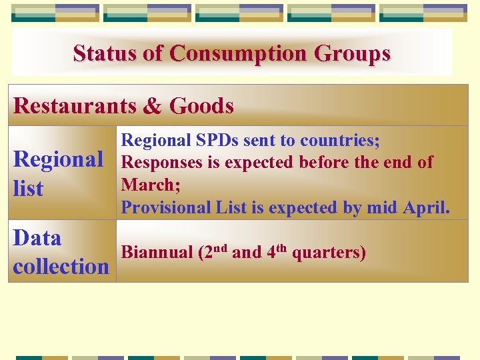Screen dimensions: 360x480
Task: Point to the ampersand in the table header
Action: [157, 105]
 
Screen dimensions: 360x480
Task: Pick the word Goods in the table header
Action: [201, 105]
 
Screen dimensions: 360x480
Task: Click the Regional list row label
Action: [58, 173]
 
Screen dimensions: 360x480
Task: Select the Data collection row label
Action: [61, 252]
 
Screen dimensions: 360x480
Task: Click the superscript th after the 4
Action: [283, 249]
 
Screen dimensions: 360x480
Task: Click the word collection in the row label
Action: [61, 267]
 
